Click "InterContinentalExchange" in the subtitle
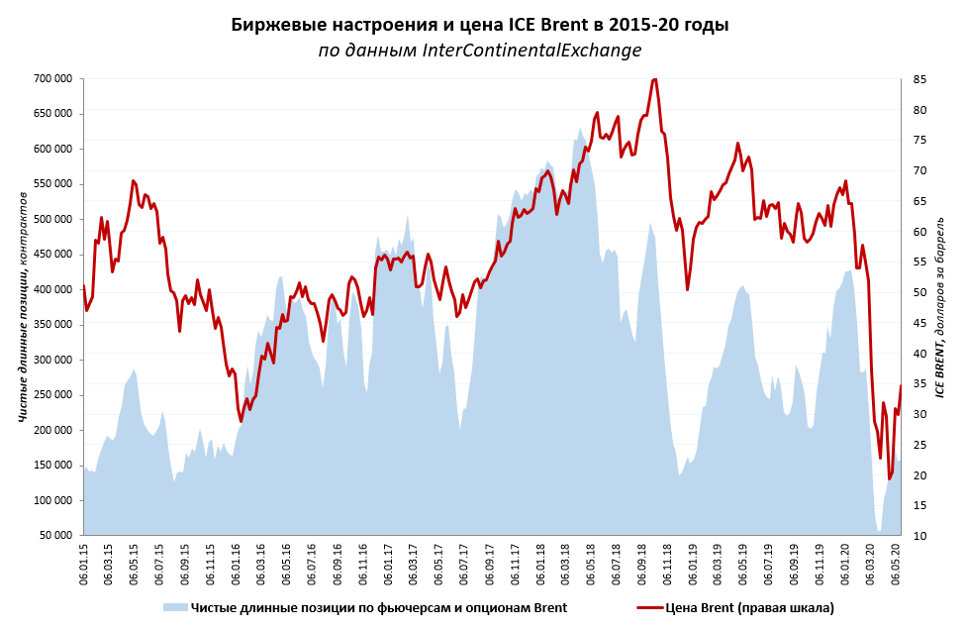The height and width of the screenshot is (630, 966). (531, 51)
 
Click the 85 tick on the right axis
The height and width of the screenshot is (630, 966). (919, 79)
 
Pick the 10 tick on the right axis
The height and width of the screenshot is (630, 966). (919, 536)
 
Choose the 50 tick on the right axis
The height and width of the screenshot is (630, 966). (919, 292)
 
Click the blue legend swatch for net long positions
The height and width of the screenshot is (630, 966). (175, 607)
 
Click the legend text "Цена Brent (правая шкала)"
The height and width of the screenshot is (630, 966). (749, 607)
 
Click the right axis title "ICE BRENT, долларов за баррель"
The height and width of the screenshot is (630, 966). (941, 306)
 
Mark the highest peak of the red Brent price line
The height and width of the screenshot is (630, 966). (654, 79)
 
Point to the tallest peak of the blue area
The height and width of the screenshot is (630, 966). (580, 128)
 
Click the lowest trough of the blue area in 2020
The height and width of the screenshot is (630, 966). (879, 532)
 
